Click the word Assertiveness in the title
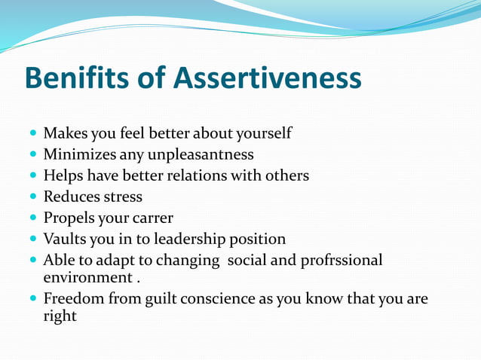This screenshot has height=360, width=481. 268,78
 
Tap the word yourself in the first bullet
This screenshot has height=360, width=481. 260,134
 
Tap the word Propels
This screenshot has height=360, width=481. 69,218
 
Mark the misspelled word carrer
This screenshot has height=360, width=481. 153,218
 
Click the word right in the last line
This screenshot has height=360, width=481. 60,316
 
